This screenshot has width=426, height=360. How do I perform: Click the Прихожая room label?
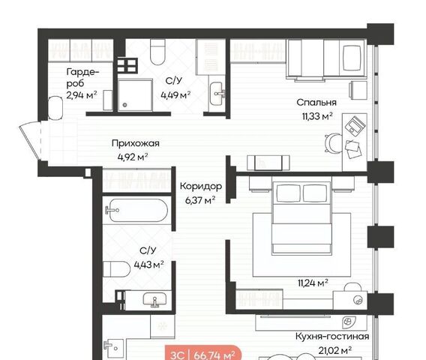pyautogui.click(x=135, y=143)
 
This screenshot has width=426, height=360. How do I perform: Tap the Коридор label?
pyautogui.click(x=201, y=187)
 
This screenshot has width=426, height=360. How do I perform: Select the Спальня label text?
pyautogui.click(x=316, y=103)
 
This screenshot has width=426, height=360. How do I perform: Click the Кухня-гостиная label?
pyautogui.click(x=332, y=336)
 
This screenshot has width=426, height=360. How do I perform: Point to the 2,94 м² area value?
pyautogui.click(x=82, y=95)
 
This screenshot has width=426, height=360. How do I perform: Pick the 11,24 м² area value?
pyautogui.click(x=313, y=283)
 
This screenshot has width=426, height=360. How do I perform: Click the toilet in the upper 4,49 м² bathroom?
pyautogui.click(x=157, y=52)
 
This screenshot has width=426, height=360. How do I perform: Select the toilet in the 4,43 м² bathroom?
pyautogui.click(x=117, y=269)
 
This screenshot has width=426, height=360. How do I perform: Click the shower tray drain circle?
pyautogui.click(x=124, y=104)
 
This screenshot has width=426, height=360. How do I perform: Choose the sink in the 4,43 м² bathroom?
pyautogui.click(x=154, y=300)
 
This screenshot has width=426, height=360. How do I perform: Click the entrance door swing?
pyautogui.click(x=31, y=141)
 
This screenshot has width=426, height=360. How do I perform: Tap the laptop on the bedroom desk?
pyautogui.click(x=355, y=126)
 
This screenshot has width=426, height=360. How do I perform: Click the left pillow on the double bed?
pyautogui.click(x=289, y=193)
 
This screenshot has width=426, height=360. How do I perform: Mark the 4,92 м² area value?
pyautogui.click(x=133, y=157)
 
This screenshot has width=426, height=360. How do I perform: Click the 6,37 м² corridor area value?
pyautogui.click(x=200, y=200)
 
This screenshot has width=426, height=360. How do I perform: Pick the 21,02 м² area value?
pyautogui.click(x=335, y=350)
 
